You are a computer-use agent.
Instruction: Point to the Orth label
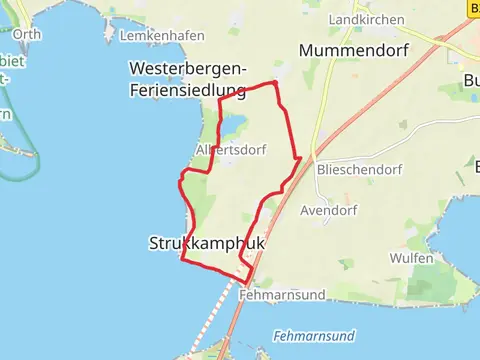point(28,34)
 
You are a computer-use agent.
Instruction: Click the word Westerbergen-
point(188,68)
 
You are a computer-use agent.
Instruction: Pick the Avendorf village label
point(322,211)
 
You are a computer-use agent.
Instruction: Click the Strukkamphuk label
point(198,243)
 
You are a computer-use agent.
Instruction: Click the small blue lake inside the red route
point(232,125)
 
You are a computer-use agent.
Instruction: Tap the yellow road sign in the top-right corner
point(472,7)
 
